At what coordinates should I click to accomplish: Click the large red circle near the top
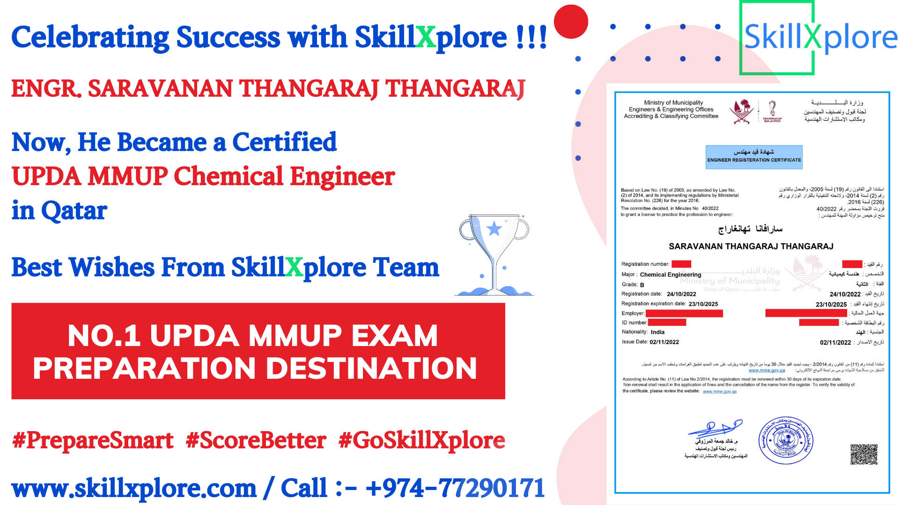(x=571, y=22)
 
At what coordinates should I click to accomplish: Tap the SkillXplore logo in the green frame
(x=820, y=37)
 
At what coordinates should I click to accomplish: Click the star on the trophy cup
(x=494, y=229)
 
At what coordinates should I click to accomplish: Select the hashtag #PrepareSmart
(x=93, y=440)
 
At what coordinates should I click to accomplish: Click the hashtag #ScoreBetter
(x=256, y=440)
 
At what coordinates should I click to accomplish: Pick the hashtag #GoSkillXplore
(x=421, y=440)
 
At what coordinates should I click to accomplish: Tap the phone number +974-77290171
(x=455, y=488)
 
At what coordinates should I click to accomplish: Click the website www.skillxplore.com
(x=134, y=488)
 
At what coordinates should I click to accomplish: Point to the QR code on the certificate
(x=864, y=454)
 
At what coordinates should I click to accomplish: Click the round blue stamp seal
(x=786, y=440)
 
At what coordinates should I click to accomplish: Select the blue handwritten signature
(x=715, y=428)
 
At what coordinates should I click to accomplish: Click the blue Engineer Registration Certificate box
(x=754, y=157)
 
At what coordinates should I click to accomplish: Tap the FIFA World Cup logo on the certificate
(x=772, y=112)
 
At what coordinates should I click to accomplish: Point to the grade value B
(x=642, y=285)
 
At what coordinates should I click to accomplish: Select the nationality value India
(x=657, y=332)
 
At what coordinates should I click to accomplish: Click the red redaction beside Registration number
(x=681, y=264)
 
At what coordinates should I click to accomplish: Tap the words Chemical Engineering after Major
(x=671, y=275)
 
